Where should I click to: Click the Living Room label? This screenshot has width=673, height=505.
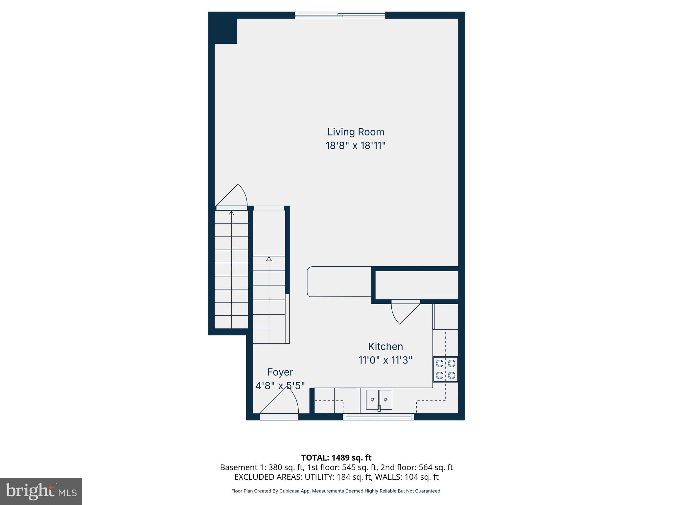pos(356,132)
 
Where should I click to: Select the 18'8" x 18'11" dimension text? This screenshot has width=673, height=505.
pos(356,146)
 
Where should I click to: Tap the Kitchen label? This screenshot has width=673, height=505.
pos(385,347)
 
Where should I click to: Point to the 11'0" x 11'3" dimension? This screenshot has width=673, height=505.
pos(385,360)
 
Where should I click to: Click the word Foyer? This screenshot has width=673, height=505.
pos(280,372)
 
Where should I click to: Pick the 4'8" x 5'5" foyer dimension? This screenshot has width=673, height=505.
pos(280,386)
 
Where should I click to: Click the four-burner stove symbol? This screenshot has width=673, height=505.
pos(445,369)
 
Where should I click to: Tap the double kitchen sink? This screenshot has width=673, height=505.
pos(379,399)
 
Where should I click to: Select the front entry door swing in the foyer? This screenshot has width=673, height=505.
pos(283,403)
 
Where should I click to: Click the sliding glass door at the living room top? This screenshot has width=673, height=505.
pos(340,15)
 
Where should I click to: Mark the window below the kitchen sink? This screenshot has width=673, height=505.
pos(379,417)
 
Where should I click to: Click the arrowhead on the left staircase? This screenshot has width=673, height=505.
pos(231,213)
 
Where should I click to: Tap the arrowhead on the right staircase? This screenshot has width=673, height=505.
pos(269,259)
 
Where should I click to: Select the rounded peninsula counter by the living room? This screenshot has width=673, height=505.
pos(339,282)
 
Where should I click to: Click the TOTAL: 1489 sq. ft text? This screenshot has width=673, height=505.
pos(336,458)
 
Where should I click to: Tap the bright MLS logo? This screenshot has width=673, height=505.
pos(41,491)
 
